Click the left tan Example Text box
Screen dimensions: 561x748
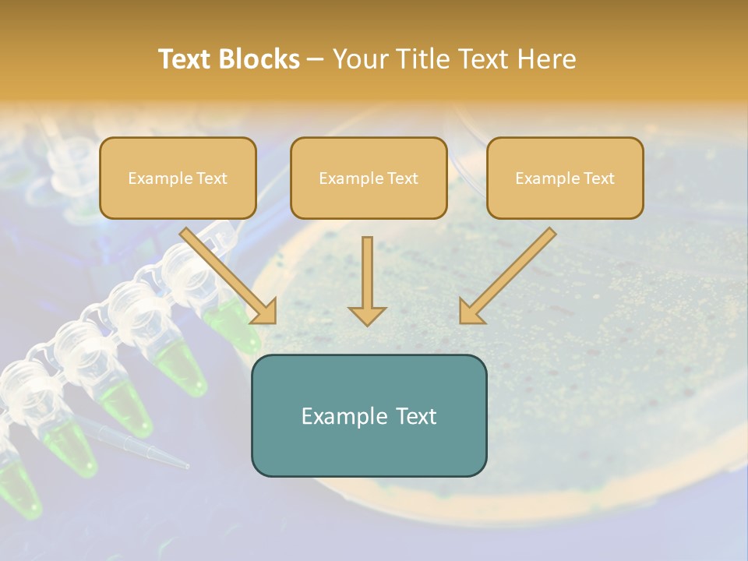pos(178,178)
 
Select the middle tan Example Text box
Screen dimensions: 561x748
pos(369,178)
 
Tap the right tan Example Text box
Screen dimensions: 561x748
pos(565,178)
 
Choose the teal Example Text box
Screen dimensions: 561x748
pos(369,415)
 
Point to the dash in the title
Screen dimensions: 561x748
pos(316,59)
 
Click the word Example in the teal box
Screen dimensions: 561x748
pos(339,416)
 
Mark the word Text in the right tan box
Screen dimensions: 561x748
pos(598,178)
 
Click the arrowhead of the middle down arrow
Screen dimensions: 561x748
pos(367,315)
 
